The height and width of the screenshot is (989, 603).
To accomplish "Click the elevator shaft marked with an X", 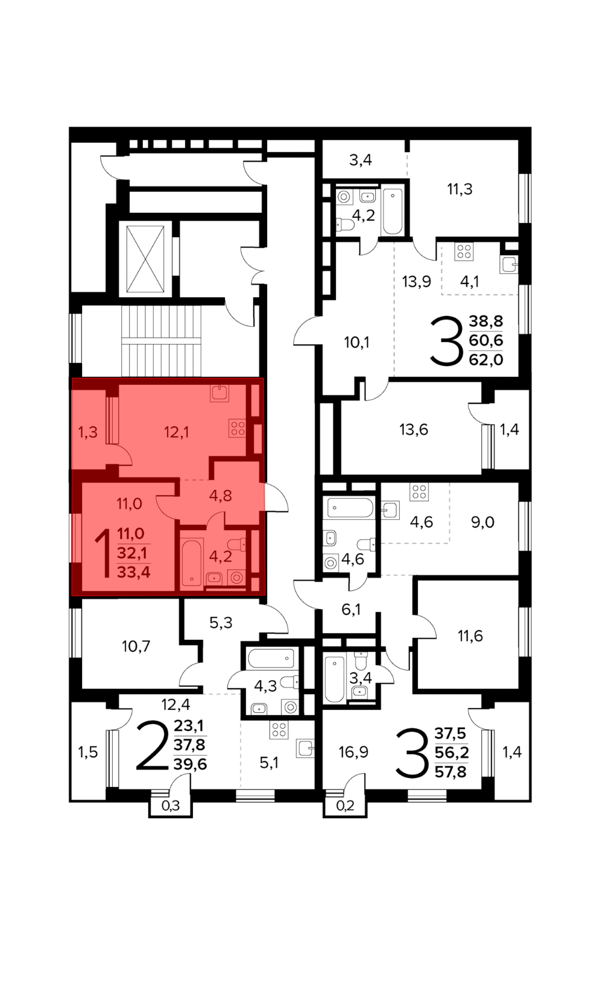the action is click(x=145, y=259).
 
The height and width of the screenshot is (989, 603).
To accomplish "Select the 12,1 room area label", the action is click(x=177, y=432).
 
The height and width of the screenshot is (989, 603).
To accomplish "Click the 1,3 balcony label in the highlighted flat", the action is click(x=88, y=432).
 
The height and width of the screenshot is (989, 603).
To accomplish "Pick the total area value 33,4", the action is click(x=134, y=572).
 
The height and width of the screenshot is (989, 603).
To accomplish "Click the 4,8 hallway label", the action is click(x=221, y=495).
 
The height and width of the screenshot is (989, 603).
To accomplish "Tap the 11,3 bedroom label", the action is click(x=459, y=189).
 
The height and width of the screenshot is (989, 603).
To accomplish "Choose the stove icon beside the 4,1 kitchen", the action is click(x=464, y=251).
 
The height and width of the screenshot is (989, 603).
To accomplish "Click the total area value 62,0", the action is click(x=486, y=360).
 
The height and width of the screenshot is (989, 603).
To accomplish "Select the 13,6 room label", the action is click(x=414, y=429).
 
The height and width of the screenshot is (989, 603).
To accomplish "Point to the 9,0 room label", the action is click(x=482, y=522).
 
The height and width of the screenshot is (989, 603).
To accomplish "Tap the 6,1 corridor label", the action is click(x=351, y=610).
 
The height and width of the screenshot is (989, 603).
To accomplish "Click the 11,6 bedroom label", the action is click(x=470, y=636).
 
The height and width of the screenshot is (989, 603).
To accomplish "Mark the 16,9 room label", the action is click(x=353, y=751).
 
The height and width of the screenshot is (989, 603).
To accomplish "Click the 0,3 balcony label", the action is click(x=171, y=806).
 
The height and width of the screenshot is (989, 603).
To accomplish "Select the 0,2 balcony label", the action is click(x=345, y=806).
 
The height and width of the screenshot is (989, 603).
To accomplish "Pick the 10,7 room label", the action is click(x=136, y=646).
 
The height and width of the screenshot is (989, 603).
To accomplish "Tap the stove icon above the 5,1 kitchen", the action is click(x=279, y=730).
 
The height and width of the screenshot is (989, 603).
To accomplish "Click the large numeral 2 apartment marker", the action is click(x=153, y=746).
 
